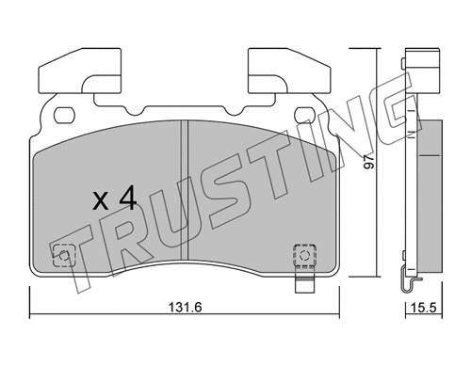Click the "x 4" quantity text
[116, 198]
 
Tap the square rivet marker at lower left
[64, 254]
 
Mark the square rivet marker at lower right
[304, 254]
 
